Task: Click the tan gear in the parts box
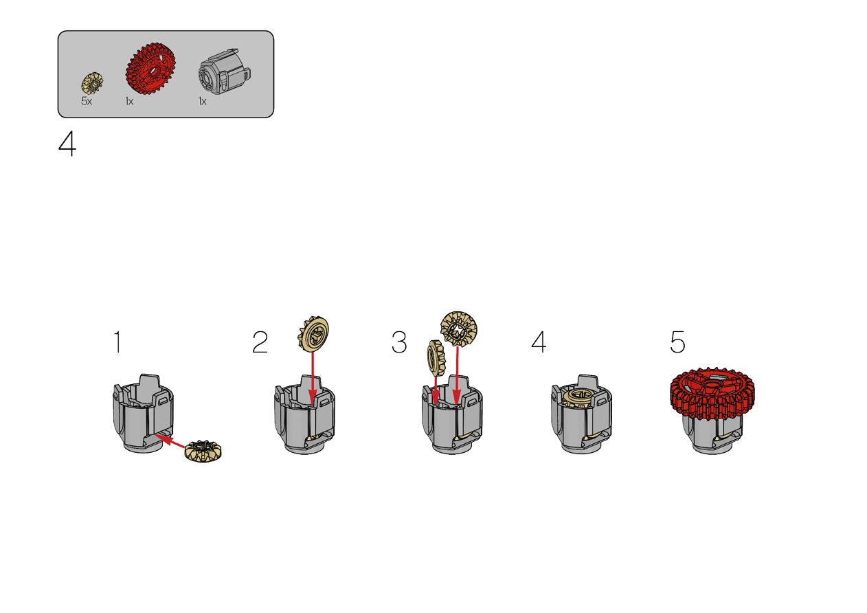click(92, 83)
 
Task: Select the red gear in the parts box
click(150, 68)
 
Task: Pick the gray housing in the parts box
click(225, 71)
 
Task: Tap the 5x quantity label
click(87, 102)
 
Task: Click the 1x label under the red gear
click(129, 102)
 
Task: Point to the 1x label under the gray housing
click(203, 102)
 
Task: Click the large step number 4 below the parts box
click(67, 144)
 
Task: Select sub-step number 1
click(118, 342)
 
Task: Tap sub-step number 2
click(260, 342)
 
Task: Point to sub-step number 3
click(399, 342)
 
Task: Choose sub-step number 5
click(678, 342)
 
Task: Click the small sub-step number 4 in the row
click(539, 342)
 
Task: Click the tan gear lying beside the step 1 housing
click(203, 451)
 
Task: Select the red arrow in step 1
click(170, 441)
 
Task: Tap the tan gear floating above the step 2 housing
click(313, 334)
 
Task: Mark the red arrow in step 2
click(313, 379)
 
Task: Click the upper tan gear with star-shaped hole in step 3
click(459, 329)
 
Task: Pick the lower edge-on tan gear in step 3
click(436, 358)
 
